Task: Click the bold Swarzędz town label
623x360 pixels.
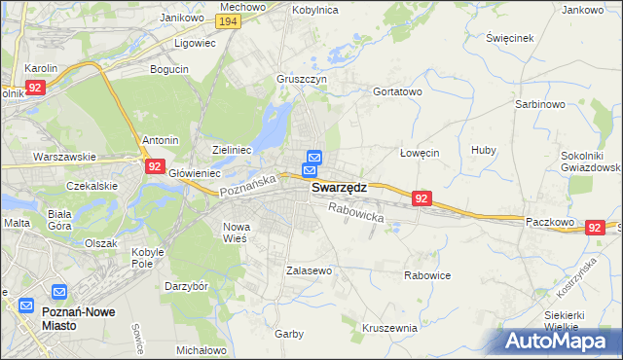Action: click(339, 191)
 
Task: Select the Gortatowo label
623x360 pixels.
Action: click(397, 91)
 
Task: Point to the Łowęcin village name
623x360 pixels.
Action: click(421, 153)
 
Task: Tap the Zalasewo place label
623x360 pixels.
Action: click(310, 270)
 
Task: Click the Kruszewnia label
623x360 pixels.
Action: click(389, 328)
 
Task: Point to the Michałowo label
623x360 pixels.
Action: click(202, 349)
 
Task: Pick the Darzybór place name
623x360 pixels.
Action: click(187, 286)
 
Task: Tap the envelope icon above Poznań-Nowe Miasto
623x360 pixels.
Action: click(58, 292)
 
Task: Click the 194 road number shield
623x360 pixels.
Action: click(229, 22)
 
